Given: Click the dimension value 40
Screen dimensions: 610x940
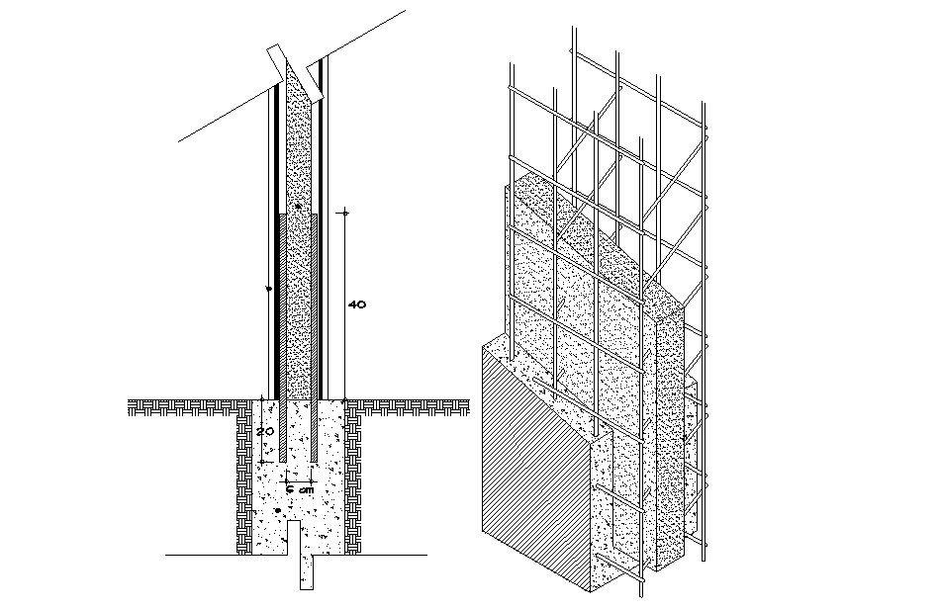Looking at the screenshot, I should click(x=357, y=305).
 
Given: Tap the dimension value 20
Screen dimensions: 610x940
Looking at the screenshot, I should click(x=264, y=432).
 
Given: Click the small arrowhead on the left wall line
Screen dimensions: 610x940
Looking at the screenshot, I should click(x=269, y=290).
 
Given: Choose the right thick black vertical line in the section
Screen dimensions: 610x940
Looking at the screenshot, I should click(x=324, y=247).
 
